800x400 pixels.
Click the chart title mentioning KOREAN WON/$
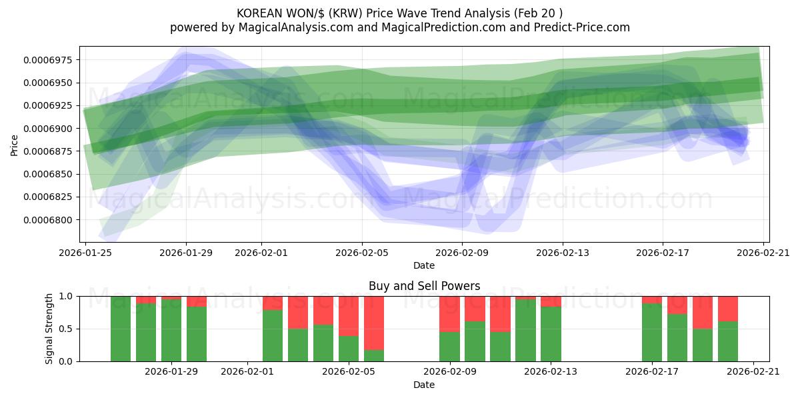[x=399, y=13]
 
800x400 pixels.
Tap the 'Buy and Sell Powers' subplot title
[x=424, y=287]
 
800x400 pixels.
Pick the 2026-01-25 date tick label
[x=85, y=253]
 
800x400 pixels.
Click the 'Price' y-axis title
[x=15, y=145]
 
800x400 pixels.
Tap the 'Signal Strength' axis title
[x=50, y=329]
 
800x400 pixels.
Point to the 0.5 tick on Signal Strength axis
[x=67, y=329]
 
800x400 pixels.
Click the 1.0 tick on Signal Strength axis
[x=67, y=297]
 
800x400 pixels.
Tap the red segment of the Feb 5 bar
[x=349, y=316]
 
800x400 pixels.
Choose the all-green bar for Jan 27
[x=121, y=329]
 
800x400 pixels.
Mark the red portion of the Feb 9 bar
[x=449, y=314]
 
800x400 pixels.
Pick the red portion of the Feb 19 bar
[x=703, y=313]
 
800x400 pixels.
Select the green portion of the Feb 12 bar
[x=525, y=331]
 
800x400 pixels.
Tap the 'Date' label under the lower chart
[x=424, y=385]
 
